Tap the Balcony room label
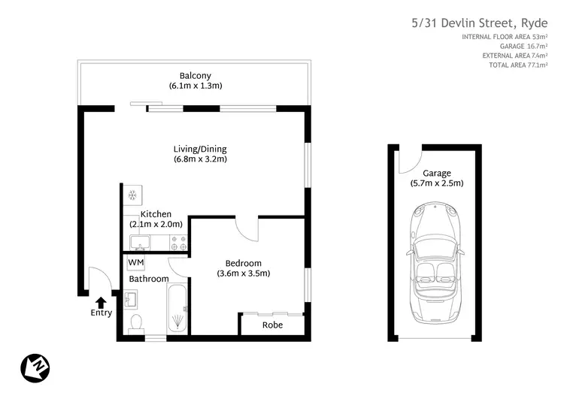coord(195,75)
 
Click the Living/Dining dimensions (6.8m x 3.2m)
coord(200,159)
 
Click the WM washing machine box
coord(136,262)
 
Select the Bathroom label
coord(148,279)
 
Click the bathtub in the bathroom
coord(177,309)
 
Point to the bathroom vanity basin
coord(132,298)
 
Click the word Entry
coord(101,313)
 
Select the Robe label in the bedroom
coord(272,325)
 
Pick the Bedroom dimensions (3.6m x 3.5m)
coord(243,274)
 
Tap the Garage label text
coord(436,173)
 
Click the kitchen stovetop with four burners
coord(179,242)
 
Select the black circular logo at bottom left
coord(35,367)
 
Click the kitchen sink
coord(139,242)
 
